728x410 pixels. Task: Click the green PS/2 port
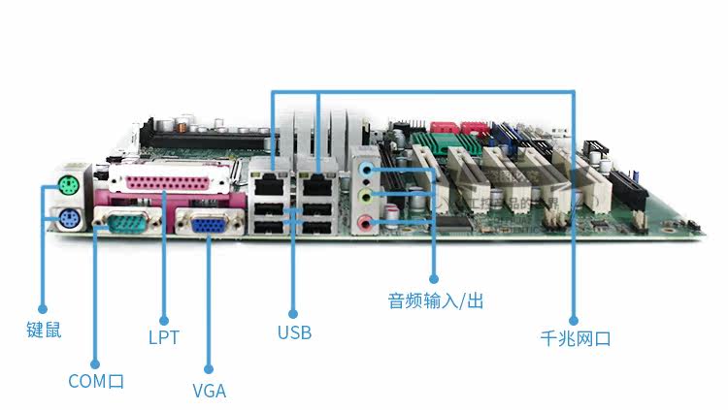click(x=67, y=185)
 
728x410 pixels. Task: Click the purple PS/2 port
click(x=69, y=218)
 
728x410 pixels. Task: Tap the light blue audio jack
click(x=365, y=169)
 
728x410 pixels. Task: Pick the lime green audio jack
click(x=365, y=196)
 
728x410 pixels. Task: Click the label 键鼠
click(x=44, y=331)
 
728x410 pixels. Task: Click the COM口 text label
click(x=96, y=381)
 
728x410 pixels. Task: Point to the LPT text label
click(x=164, y=337)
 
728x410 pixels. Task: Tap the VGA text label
click(x=209, y=392)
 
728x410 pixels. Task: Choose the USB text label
click(x=294, y=332)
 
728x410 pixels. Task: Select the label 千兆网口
click(x=575, y=338)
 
